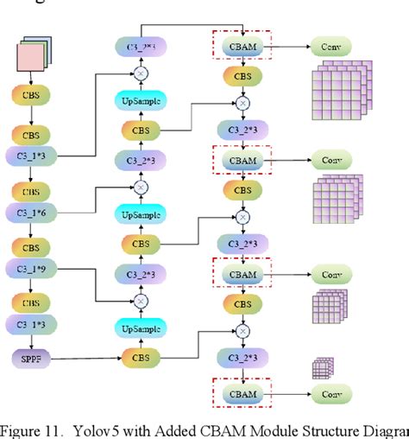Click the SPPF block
point(32,356)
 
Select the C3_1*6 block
point(31,212)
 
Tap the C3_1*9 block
point(31,269)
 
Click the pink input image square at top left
point(32,58)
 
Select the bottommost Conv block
point(332,394)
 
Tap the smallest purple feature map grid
point(320,369)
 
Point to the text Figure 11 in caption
point(32,429)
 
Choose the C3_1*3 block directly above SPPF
point(31,326)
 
